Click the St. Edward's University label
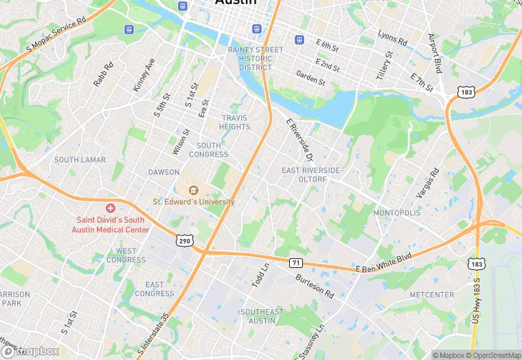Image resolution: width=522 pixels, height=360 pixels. tap(194, 202)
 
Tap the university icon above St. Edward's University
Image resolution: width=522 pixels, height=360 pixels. tap(194, 190)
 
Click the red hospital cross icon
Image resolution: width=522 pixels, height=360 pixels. tap(110, 208)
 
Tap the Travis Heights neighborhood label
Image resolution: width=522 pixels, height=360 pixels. tap(235, 122)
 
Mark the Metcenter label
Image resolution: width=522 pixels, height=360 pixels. tap(431, 295)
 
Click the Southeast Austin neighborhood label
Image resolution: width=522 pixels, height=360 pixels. tap(262, 316)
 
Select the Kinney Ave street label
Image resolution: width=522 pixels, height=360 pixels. tap(144, 75)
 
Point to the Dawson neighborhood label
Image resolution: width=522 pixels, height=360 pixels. tap(163, 172)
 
